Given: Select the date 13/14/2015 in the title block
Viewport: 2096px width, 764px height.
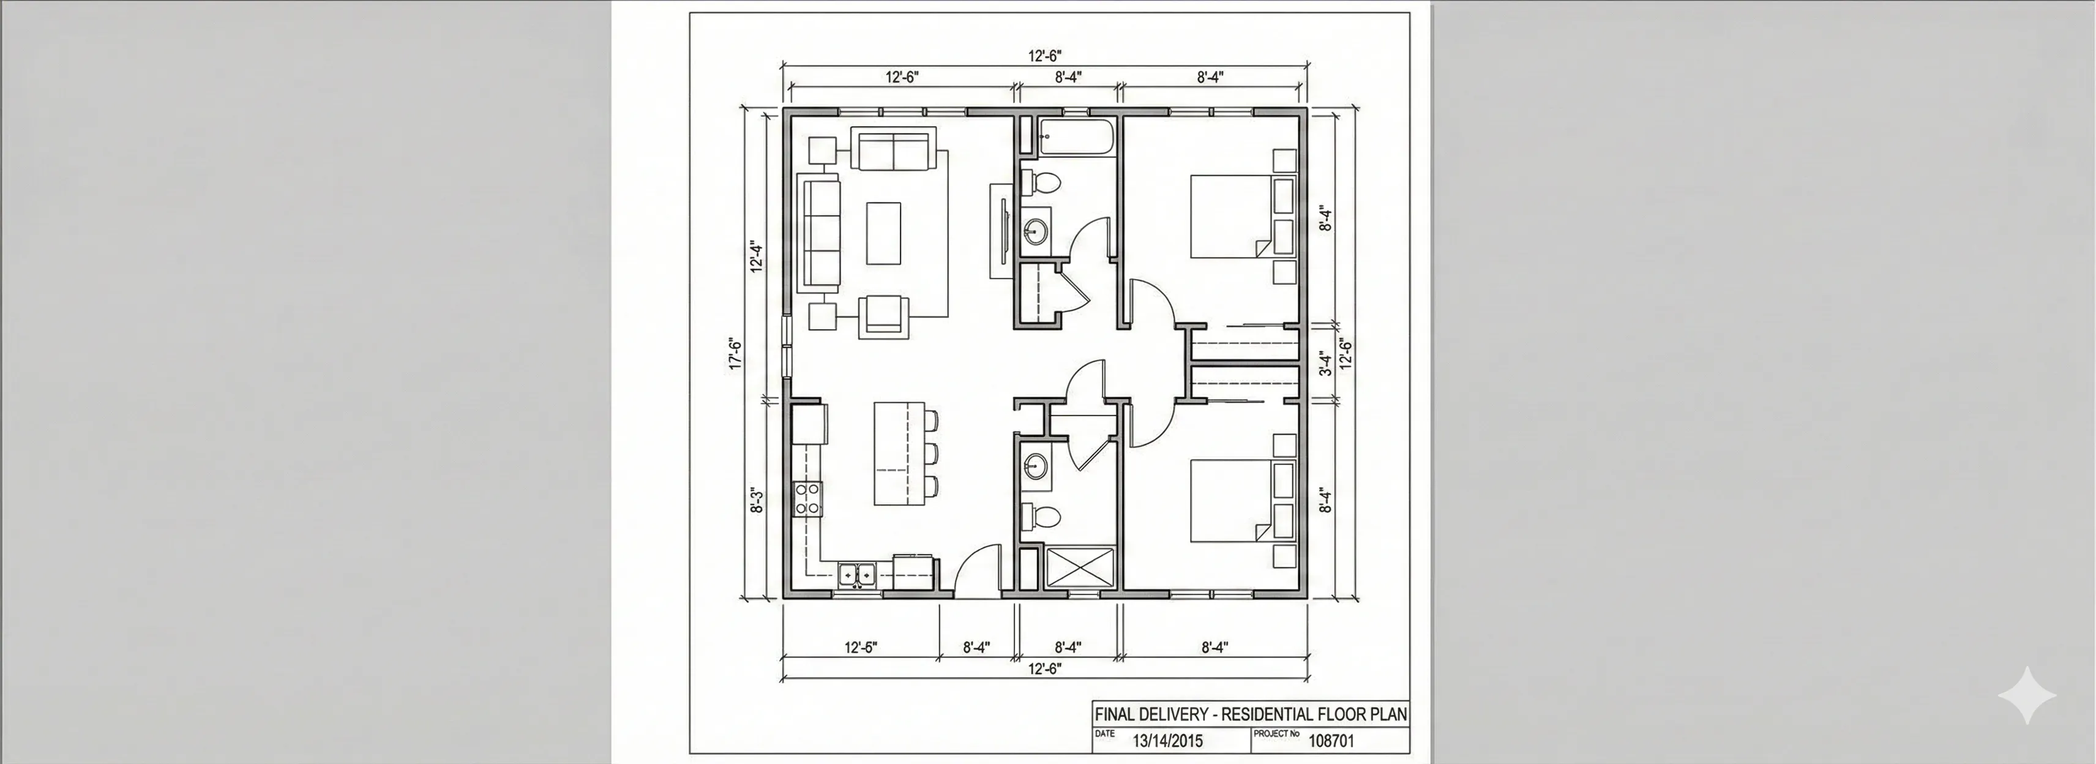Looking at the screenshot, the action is coord(1167,740).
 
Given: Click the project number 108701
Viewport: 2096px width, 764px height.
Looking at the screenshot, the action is coord(1331,740).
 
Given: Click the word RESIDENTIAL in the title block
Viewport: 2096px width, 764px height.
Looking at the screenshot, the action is coord(1270,714).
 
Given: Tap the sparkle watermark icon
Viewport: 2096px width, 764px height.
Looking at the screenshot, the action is coord(2027,695).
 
